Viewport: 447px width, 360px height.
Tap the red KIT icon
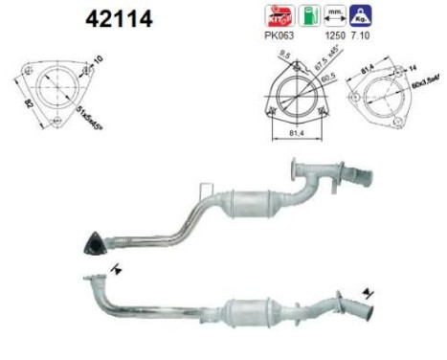click(x=275, y=15)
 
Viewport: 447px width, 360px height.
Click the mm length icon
click(x=334, y=15)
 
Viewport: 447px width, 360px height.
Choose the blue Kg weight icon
click(x=363, y=15)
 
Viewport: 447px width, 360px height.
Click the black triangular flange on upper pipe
click(x=93, y=242)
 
